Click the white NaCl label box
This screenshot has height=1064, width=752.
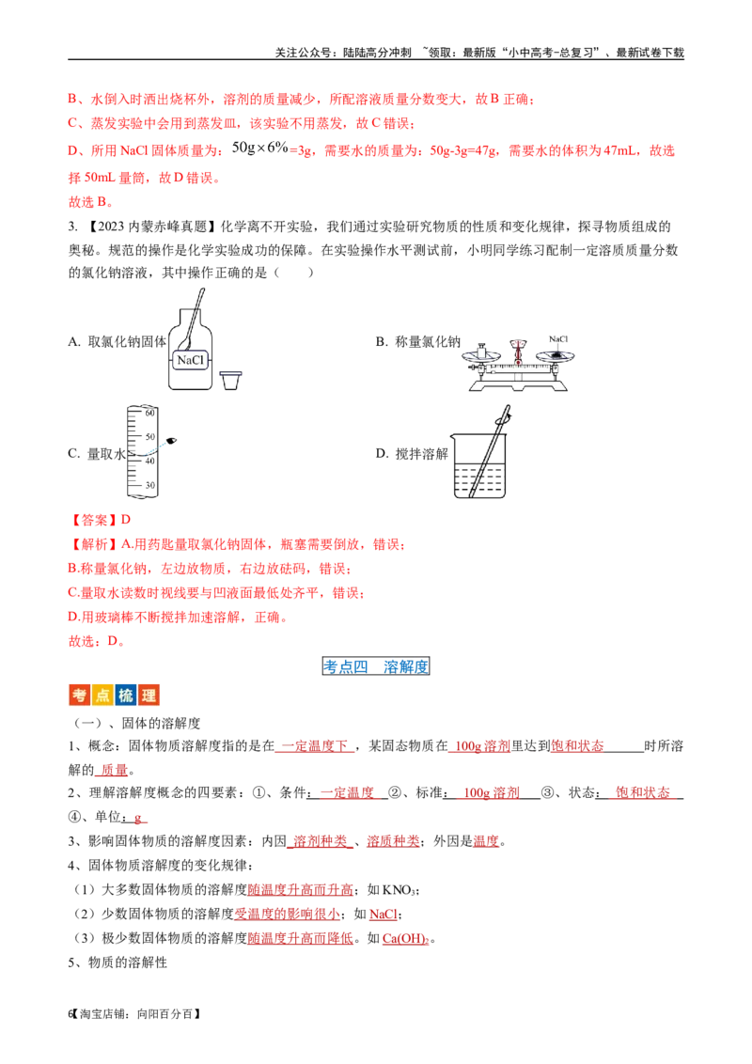click(190, 360)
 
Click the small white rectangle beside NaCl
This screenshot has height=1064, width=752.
click(232, 372)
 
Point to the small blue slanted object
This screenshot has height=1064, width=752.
click(155, 447)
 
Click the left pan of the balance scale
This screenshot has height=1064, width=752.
click(480, 355)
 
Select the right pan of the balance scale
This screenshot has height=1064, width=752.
click(555, 355)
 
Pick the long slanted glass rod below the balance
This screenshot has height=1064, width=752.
click(489, 451)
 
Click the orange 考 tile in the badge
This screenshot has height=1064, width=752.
click(80, 696)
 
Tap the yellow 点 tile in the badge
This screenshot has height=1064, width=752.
click(102, 696)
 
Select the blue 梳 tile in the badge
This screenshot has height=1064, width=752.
click(125, 696)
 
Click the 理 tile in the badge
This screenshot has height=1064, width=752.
click(148, 696)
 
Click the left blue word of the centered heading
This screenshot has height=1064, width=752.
click(346, 666)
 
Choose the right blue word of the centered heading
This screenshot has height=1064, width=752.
click(406, 666)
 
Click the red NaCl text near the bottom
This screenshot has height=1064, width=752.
click(383, 914)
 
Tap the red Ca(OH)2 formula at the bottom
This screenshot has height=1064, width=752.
click(406, 938)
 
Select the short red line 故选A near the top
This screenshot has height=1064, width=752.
click(89, 201)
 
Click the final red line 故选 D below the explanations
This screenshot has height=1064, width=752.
click(96, 641)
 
